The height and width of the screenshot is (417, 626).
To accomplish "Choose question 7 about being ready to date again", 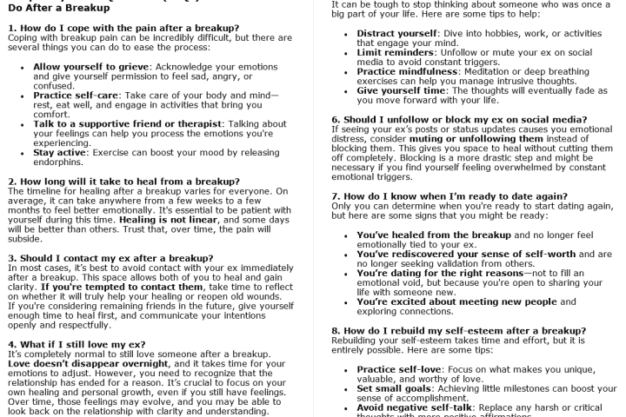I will click(x=450, y=196).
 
